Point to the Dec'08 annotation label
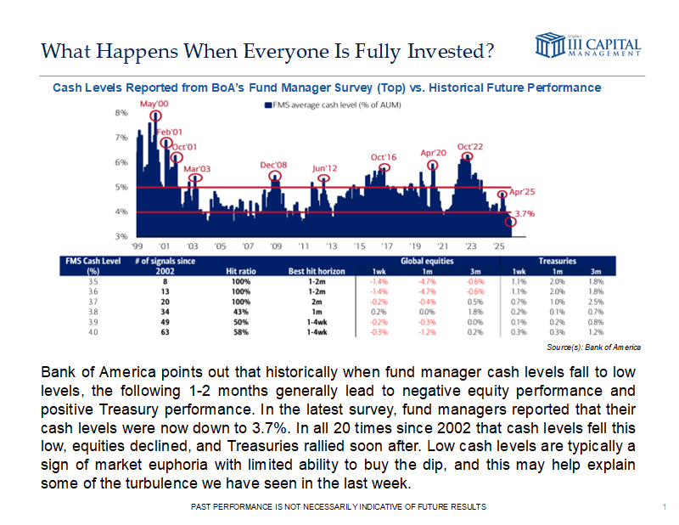coord(273,164)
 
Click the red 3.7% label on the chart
coord(524,215)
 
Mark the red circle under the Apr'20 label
coord(434,166)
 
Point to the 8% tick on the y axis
coord(121,112)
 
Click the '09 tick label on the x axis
coord(275,247)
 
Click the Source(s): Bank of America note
coord(594,347)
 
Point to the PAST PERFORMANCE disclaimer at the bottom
coord(339,506)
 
